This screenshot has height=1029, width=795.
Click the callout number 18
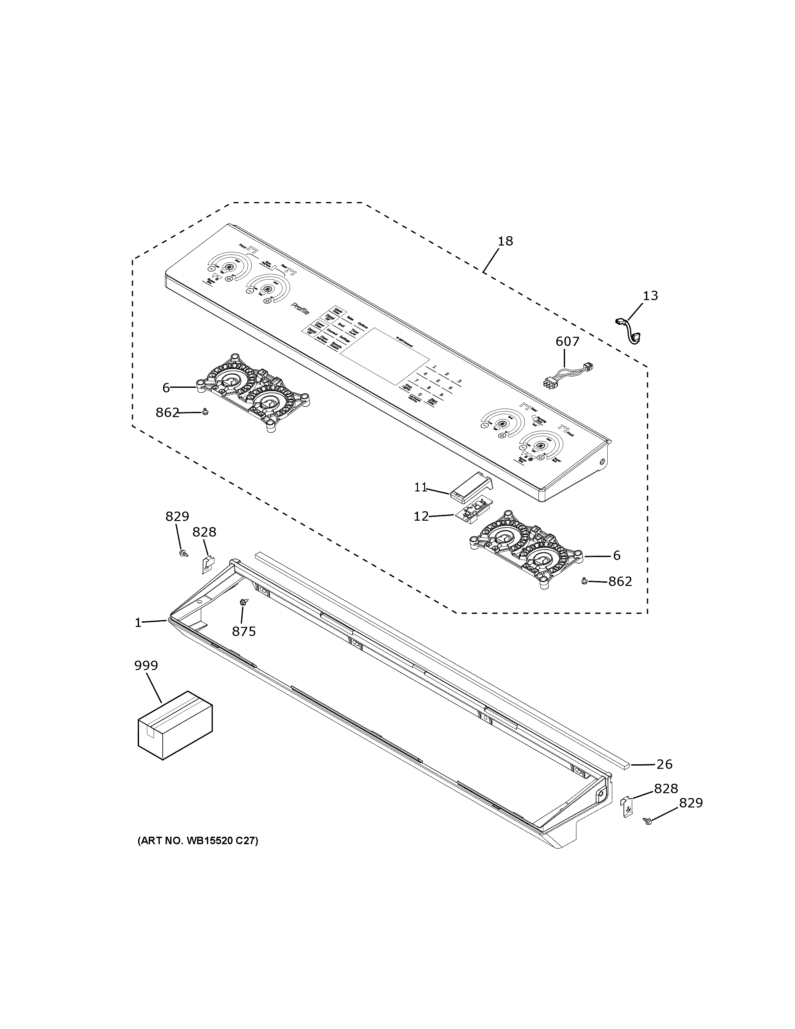505,241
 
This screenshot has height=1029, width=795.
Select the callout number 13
650,296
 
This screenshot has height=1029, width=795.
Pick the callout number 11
421,488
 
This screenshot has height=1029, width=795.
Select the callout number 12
421,516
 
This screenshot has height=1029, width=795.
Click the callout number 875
244,631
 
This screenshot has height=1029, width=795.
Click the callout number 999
146,666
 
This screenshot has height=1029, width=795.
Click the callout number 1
138,623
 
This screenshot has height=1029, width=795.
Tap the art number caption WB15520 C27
198,841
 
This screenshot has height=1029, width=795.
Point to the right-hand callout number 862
620,581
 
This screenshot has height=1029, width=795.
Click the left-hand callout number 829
177,516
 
